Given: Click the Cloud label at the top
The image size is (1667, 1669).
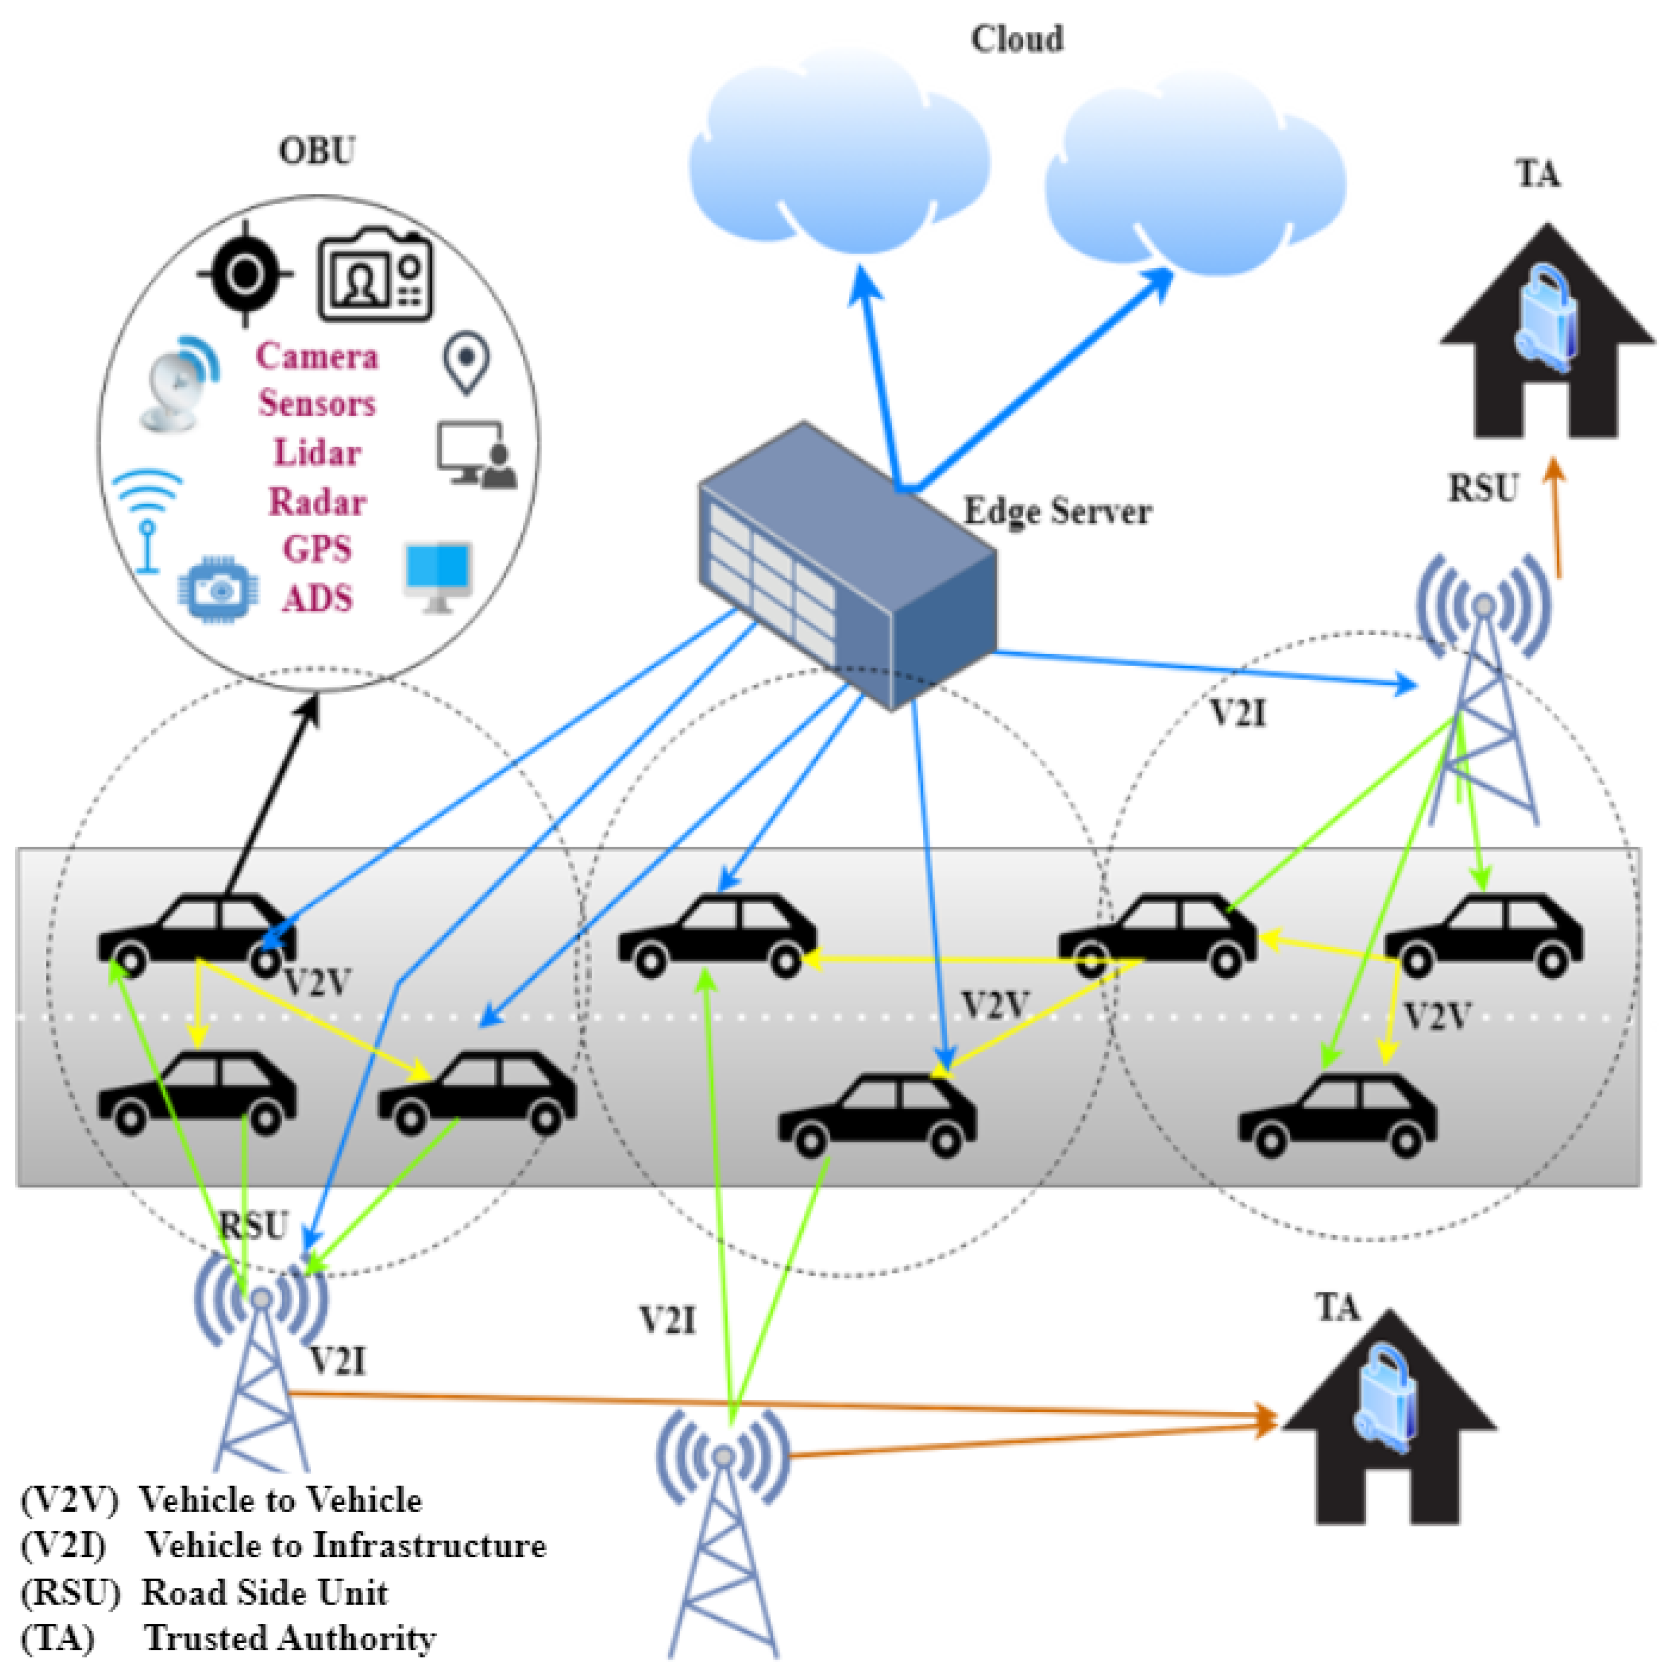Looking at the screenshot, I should [1016, 39].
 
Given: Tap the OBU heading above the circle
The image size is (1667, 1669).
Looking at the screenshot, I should [316, 151].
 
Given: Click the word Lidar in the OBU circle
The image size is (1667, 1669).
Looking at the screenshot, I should [317, 453].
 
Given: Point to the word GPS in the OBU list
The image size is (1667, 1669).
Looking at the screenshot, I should [317, 549].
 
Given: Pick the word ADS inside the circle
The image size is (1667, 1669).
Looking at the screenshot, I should [317, 598].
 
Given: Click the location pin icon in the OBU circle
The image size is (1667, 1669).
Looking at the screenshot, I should [467, 363].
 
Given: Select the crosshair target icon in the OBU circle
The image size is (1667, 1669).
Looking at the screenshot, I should [245, 275].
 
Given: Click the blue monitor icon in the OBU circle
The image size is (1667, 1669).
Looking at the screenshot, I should [439, 575].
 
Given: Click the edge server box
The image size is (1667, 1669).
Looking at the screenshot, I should [846, 566].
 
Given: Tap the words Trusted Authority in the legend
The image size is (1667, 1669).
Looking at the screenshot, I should [289, 1637].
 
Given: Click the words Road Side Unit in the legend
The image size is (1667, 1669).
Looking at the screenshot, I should [264, 1591].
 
